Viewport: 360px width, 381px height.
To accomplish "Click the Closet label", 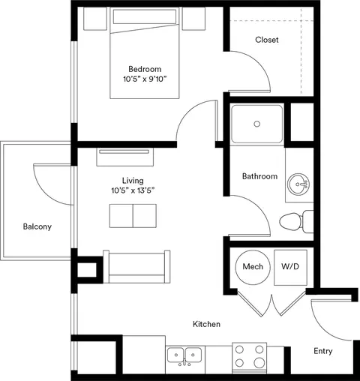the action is (x=267, y=40).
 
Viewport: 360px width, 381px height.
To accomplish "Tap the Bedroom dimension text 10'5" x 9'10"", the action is (x=145, y=79).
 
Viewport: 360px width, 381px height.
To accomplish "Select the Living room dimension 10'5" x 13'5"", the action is (x=133, y=190).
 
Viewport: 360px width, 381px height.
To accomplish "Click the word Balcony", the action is (x=37, y=226).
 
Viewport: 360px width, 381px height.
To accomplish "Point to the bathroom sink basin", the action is (x=298, y=184).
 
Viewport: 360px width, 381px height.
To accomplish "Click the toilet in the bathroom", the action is (x=296, y=221).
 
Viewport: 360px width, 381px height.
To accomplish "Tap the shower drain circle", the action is (x=256, y=124).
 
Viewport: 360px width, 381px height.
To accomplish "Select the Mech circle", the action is (x=253, y=267).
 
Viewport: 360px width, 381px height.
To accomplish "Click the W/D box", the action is (x=290, y=268).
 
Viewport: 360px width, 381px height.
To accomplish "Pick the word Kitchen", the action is (x=206, y=324).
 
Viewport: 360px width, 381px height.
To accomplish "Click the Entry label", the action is (x=323, y=351).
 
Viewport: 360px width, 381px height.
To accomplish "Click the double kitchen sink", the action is (x=184, y=355).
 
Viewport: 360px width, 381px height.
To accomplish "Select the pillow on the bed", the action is (x=145, y=16).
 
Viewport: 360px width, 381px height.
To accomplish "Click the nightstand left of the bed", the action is (x=95, y=19).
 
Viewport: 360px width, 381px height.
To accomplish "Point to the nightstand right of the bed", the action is (x=193, y=19).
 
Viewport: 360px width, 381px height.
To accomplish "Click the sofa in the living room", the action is (x=136, y=267).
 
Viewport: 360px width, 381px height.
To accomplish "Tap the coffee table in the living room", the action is (x=133, y=216).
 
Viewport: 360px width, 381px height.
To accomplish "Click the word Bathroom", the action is (x=259, y=176).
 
